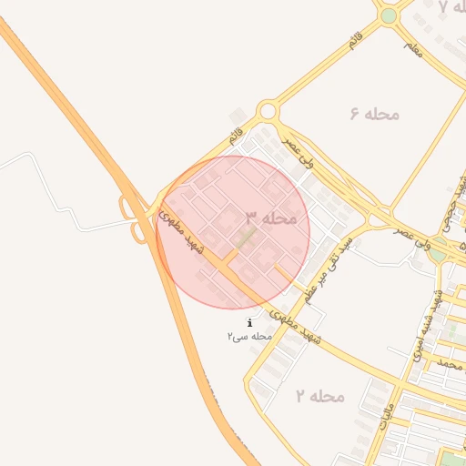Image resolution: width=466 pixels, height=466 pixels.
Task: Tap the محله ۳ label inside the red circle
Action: [x=270, y=218]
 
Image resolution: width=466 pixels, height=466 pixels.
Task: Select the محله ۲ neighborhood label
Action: [x=319, y=396]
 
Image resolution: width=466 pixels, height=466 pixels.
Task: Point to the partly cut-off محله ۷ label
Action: [x=451, y=7]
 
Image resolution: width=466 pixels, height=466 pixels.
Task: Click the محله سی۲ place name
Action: [x=250, y=337]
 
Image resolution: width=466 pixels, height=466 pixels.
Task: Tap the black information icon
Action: [x=250, y=322]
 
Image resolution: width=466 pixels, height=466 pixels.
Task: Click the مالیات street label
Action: [x=385, y=411]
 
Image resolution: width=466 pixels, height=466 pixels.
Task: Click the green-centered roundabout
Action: [x=389, y=15]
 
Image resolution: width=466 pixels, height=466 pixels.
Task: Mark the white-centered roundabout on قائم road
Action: [x=267, y=112]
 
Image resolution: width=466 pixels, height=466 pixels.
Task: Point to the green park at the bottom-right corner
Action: [x=451, y=457]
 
